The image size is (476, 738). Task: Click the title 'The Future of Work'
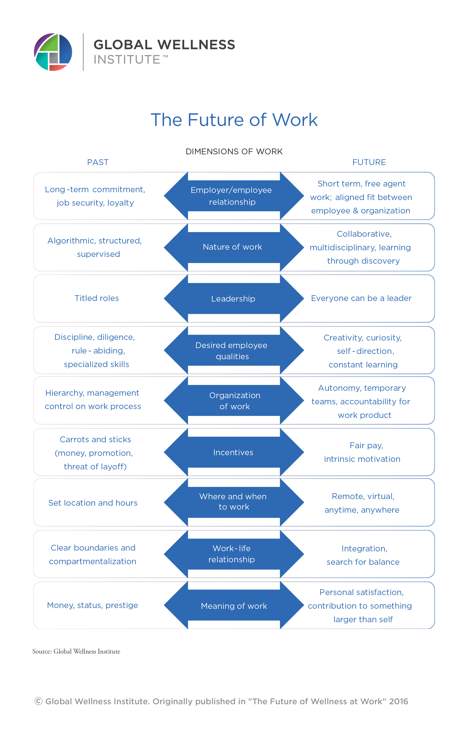(x=234, y=120)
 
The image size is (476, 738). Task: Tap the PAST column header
(x=98, y=162)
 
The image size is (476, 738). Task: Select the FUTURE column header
(x=369, y=162)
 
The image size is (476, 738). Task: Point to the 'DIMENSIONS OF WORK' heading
(x=234, y=151)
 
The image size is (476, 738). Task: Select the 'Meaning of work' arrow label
(x=234, y=606)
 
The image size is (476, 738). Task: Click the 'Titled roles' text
(x=97, y=298)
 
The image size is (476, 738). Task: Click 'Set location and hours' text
(x=93, y=503)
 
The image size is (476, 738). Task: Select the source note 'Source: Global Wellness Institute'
(x=76, y=651)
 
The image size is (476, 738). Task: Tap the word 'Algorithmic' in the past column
(x=71, y=241)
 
